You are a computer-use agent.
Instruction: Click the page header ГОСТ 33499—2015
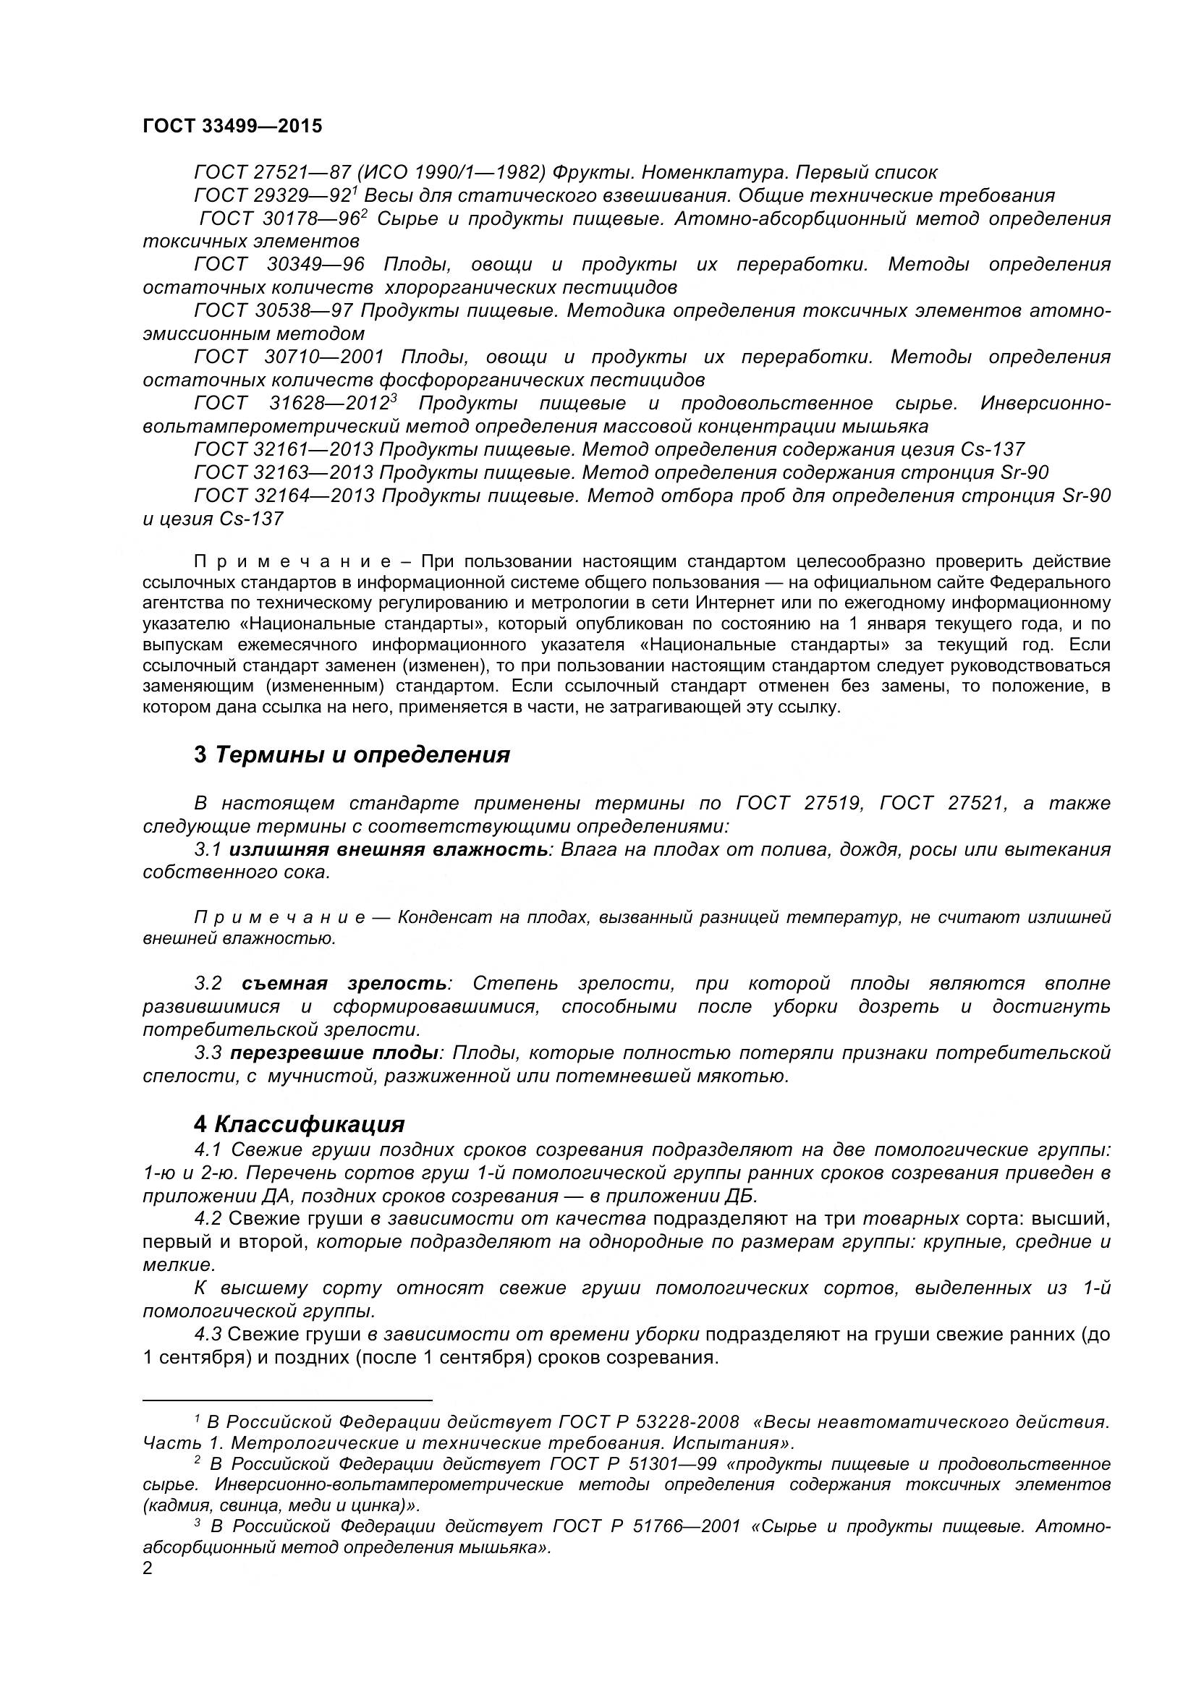point(232,126)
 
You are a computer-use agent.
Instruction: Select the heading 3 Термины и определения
point(352,754)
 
